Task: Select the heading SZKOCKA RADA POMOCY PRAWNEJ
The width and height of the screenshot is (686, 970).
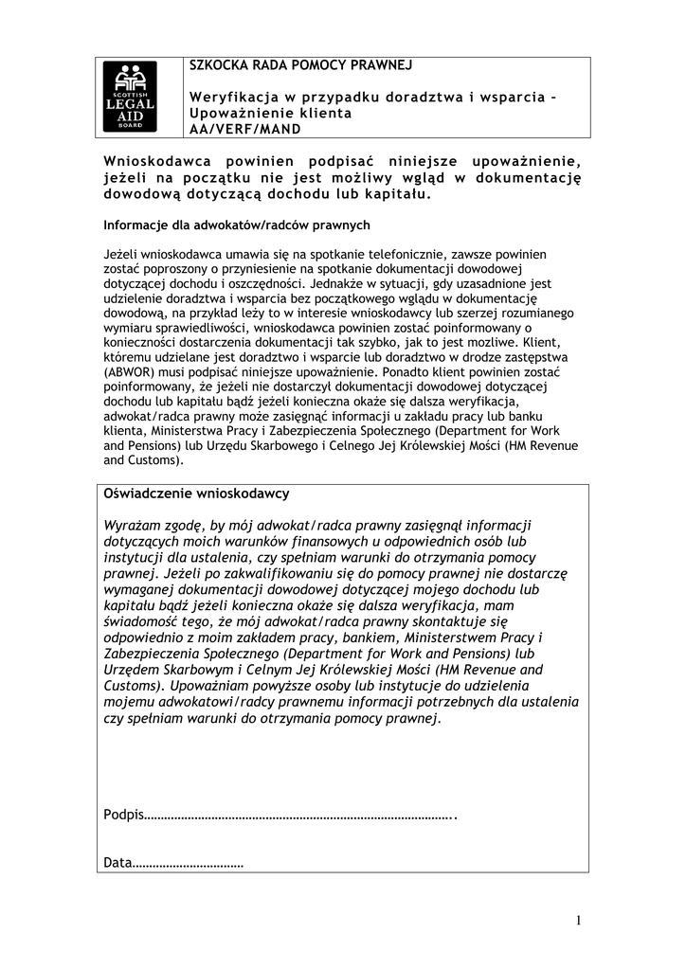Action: [300, 65]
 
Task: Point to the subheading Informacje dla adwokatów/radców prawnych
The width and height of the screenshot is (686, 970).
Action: [236, 225]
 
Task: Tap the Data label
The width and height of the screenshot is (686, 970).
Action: [117, 863]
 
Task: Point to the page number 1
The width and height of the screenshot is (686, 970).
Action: [577, 921]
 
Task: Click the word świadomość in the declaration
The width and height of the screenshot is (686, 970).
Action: [144, 620]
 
